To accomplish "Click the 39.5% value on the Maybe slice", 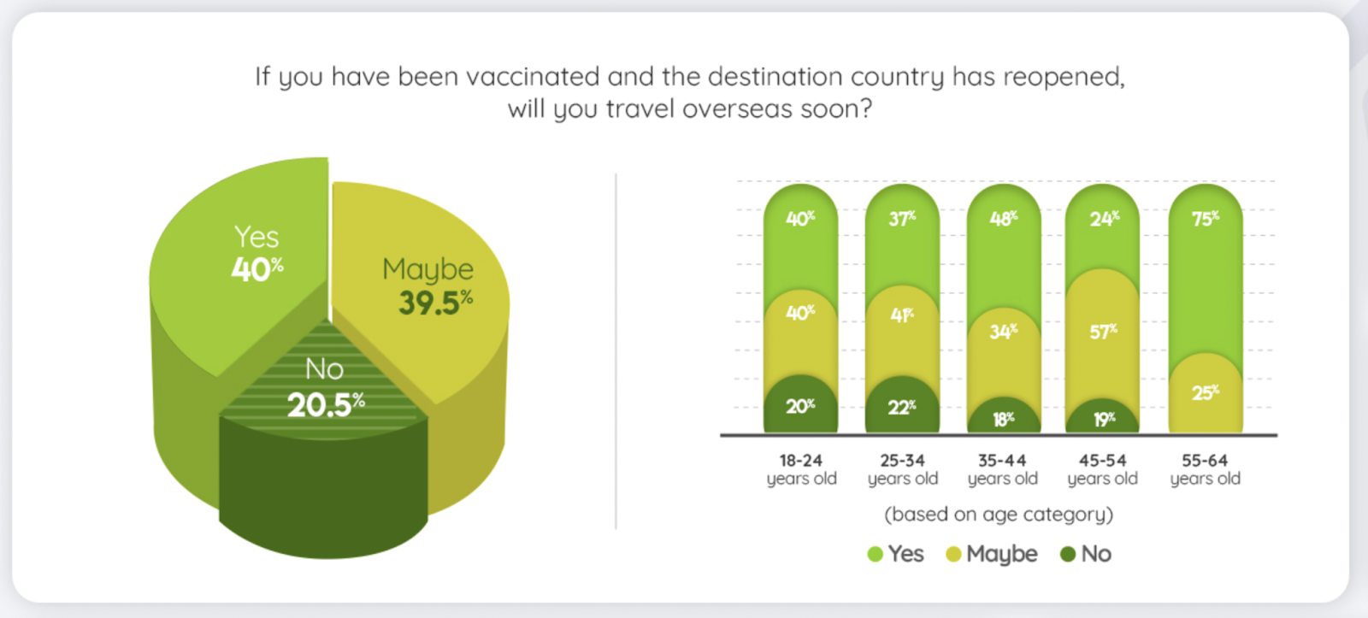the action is coord(435,303).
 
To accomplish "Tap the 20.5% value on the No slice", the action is coord(326,404).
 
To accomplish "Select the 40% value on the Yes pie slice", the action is coord(257,268).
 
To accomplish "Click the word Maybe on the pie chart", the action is coord(427,270).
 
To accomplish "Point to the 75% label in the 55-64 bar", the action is coord(1206,218).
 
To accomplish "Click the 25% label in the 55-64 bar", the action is coord(1206,392).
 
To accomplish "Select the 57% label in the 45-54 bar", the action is coord(1104,332).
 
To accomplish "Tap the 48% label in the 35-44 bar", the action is coord(1004,218).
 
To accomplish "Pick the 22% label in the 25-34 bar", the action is coord(902,407).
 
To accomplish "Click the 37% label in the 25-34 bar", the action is coord(902,218).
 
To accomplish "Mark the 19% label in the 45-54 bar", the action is coord(1104,419).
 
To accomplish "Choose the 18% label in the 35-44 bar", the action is coord(1004,419).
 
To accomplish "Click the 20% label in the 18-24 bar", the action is coord(800,406).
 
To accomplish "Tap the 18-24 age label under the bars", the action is coord(801,469).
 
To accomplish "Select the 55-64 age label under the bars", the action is coord(1205,469).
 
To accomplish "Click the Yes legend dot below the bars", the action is coord(876,555).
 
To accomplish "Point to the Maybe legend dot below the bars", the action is coord(953,555).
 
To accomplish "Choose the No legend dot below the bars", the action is coord(1068,555).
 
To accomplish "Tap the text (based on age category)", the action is coord(999,515).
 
